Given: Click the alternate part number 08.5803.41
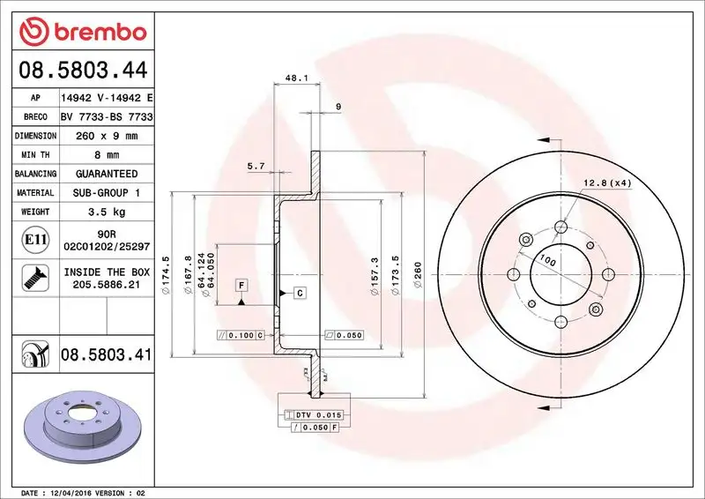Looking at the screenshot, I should pos(106,354).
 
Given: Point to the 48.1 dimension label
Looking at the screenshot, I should pos(296,78).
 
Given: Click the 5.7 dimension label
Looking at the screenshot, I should pos(256,166).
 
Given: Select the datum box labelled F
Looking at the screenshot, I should pos(240,285).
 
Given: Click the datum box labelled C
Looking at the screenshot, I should pos(299,292).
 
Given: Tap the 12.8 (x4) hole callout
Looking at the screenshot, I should pos(607,183).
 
